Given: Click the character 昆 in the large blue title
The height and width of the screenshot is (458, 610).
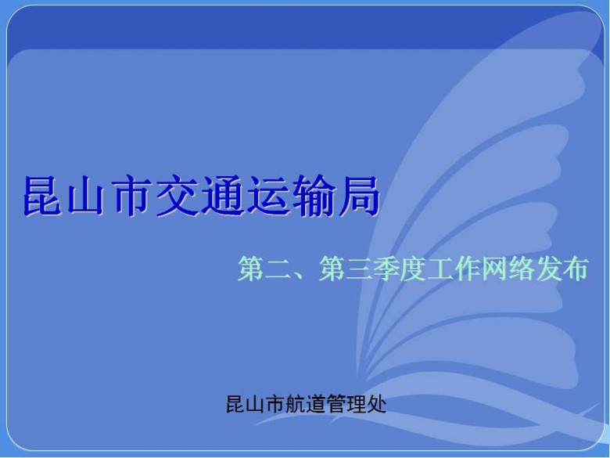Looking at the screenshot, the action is pos(44,196).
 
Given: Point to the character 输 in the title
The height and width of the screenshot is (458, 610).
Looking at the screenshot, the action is pos(314,196).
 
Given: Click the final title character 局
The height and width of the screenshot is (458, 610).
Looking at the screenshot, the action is pos(359,196).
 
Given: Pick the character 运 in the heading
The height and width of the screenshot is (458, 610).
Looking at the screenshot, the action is pos(268,196).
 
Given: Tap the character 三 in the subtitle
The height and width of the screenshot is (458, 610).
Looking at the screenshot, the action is pos(358,269).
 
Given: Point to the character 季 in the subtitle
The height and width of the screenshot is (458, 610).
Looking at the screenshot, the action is pos(385,269).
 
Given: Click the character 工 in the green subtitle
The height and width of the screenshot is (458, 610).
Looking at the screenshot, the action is pos(440,269).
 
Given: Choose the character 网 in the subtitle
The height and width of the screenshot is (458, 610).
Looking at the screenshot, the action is pos(494,269).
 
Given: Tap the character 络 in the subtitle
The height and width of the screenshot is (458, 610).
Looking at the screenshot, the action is pos(522,269).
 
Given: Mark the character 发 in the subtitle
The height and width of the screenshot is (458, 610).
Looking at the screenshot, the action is pos(548,269).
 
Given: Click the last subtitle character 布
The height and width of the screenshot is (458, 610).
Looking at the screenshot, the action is pos(575,269).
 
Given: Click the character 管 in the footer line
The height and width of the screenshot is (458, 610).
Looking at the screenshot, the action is pos(336,404).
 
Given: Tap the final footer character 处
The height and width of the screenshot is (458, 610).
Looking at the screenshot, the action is pos(377,404).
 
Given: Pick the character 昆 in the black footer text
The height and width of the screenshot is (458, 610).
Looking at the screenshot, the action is pos(235,404).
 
